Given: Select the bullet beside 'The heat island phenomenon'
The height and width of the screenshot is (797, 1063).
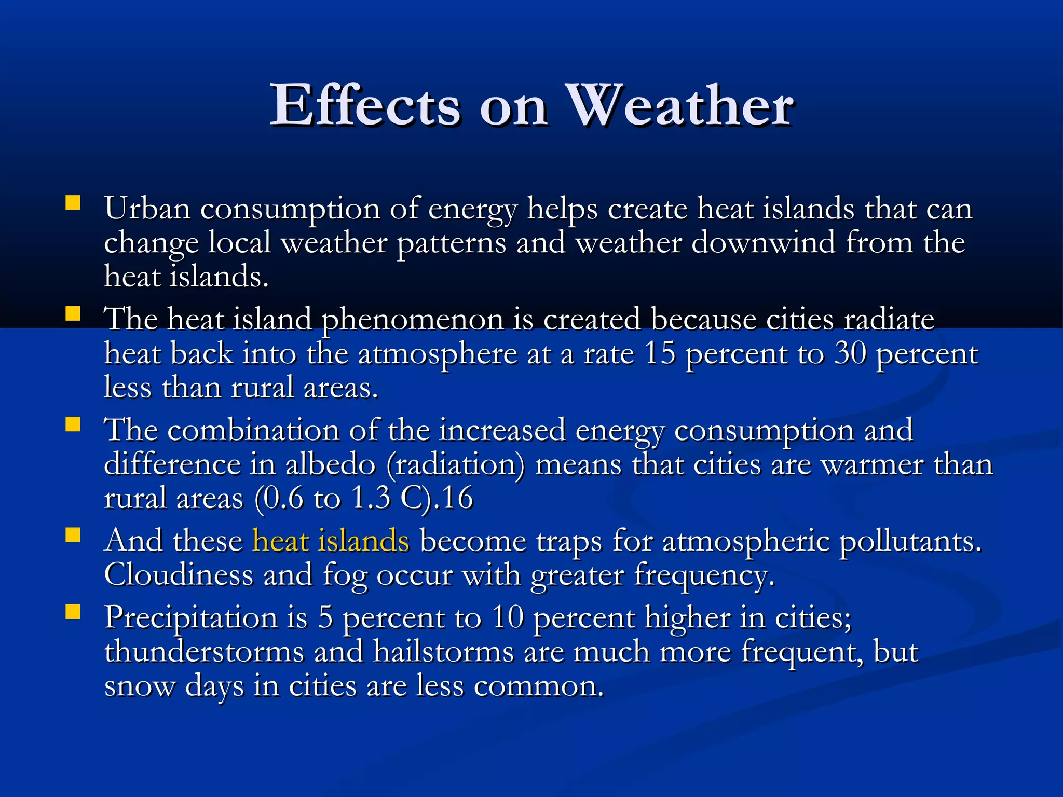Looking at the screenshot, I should point(73,313).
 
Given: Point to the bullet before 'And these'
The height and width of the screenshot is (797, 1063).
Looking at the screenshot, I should point(73,535).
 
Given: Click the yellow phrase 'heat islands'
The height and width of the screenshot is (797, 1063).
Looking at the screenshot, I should point(331,541).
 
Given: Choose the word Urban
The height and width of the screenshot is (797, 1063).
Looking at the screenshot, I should point(147,209).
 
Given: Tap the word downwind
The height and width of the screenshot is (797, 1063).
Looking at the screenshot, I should point(763,242).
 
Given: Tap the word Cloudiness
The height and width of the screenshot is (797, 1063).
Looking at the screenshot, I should point(179,575).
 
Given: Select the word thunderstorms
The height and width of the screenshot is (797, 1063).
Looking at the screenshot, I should point(204,652).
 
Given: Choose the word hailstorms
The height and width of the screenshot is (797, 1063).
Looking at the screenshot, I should point(444,652).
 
